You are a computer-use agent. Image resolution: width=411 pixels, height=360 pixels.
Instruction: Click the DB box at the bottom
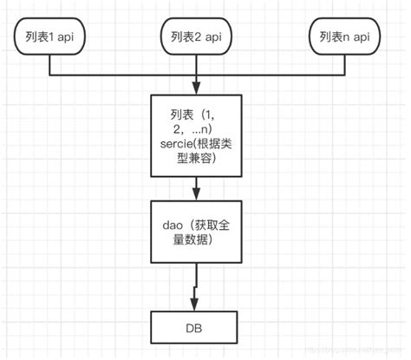[199, 328]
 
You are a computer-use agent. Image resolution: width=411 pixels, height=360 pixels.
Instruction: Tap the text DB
[199, 328]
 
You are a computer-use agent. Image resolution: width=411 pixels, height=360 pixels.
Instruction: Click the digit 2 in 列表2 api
[201, 37]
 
